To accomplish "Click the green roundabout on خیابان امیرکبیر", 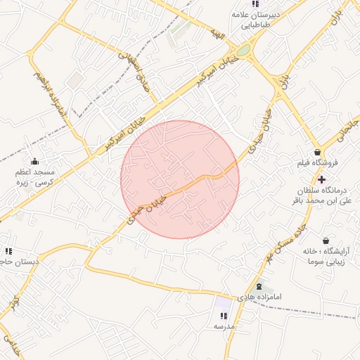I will (243, 51).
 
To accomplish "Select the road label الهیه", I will (218, 34).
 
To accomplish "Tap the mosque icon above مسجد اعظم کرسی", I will (34, 162).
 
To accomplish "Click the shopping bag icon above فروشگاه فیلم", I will (318, 152).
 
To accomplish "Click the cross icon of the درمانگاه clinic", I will (321, 179).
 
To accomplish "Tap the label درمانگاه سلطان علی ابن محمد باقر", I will (320, 195).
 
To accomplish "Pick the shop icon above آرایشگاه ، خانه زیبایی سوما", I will (325, 240).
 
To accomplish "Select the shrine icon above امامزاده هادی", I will (259, 286).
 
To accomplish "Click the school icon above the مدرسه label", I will (224, 316).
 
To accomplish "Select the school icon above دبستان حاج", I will (8, 251).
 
